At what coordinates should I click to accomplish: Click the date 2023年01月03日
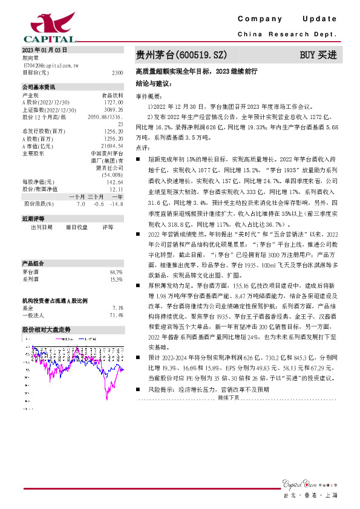coord(44,50)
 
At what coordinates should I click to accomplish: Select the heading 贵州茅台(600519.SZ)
coord(181,55)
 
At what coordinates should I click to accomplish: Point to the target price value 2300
coord(117,73)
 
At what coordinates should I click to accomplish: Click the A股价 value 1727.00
coord(114,103)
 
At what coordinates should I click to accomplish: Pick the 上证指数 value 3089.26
coord(114,110)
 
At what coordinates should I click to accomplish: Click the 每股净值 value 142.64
coord(115,182)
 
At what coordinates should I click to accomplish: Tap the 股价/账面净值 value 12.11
coord(116,189)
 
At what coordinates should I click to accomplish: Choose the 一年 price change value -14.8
coord(117,204)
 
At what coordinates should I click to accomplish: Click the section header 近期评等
coord(33,218)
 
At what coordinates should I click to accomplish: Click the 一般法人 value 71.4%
coord(116,315)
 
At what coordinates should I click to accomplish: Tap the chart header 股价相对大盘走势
coord(46,330)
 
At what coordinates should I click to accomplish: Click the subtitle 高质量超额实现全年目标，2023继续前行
coord(197,71)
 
